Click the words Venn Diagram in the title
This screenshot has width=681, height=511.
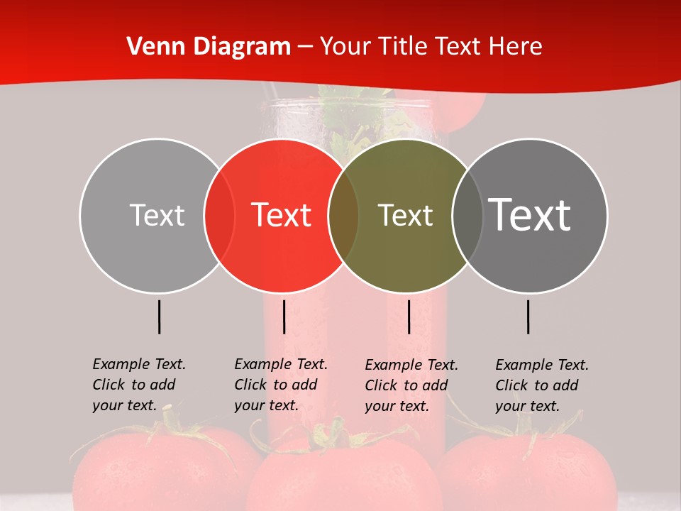(209, 47)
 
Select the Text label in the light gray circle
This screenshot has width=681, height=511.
(157, 215)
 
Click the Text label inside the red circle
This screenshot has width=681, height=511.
(281, 215)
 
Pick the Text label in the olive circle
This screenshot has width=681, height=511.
(405, 215)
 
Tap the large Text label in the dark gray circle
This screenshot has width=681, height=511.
(530, 215)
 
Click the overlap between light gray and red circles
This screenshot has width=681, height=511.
(219, 215)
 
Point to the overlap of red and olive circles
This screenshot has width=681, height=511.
(343, 215)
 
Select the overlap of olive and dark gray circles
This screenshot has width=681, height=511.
(467, 215)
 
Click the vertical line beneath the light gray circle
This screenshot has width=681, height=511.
(160, 317)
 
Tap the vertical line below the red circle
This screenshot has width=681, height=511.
(284, 317)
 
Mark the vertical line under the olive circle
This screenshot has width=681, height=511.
(409, 317)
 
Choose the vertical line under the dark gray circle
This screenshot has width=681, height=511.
(528, 317)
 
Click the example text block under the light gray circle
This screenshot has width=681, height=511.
(138, 385)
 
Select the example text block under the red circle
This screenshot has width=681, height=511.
(280, 385)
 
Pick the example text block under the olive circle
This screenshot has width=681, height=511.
(411, 385)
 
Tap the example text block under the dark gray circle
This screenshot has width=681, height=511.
(541, 385)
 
